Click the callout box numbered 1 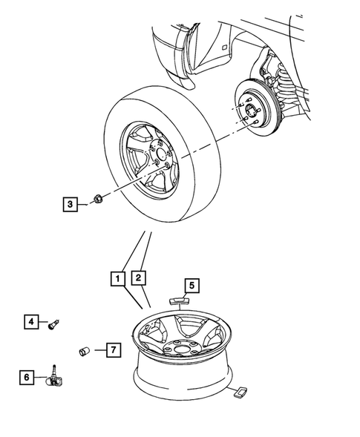click(x=117, y=278)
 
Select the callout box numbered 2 click(x=138, y=278)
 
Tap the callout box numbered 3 click(x=69, y=203)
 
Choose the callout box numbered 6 click(x=26, y=377)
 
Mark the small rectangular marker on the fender click(x=223, y=47)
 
